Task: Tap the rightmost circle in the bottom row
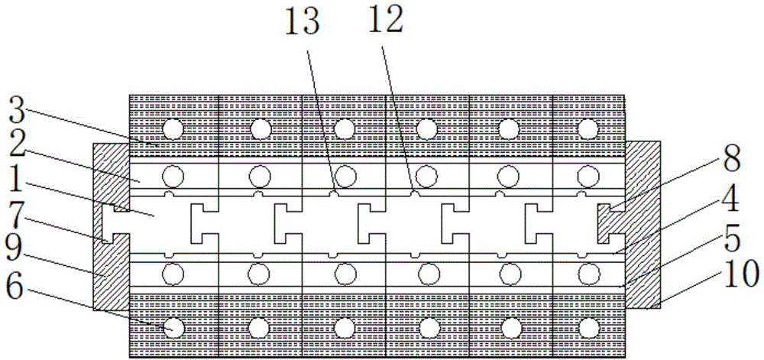588,327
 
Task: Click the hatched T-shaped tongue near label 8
611,222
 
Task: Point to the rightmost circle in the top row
588,126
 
